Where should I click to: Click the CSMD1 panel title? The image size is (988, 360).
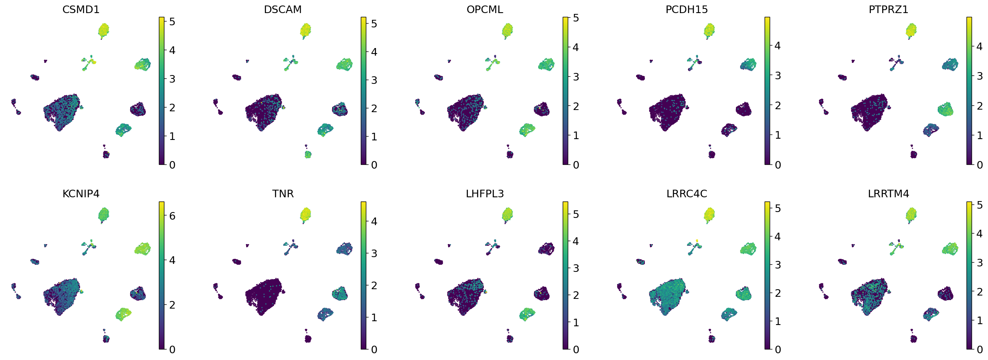coord(81,9)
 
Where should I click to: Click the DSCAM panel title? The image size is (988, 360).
coord(283,9)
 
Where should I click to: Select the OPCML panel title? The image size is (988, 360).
coord(485,9)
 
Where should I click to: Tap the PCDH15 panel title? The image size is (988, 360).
coord(687,9)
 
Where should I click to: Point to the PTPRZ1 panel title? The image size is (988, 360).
coord(889,9)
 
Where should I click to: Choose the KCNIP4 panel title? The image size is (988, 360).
coord(81,193)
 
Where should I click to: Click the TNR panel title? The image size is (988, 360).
coord(283,193)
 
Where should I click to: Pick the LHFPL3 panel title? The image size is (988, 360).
coord(485,193)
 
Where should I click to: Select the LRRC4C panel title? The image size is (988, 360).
coord(687,193)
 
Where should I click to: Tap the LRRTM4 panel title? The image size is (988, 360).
coord(889,193)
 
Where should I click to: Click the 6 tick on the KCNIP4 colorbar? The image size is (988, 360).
coord(172,216)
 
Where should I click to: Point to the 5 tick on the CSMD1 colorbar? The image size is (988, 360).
coord(172,22)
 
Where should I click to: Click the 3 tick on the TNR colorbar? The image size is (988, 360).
coord(374,253)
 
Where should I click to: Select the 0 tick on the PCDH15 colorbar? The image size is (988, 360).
coord(778,165)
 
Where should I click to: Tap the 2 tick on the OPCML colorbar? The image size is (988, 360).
coord(576,106)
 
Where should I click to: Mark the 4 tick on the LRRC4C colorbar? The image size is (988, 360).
coord(778,236)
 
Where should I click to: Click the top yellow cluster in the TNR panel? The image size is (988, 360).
coord(305,214)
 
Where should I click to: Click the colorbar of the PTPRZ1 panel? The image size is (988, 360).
coord(969,91)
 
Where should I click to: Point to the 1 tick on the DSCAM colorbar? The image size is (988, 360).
coord(374,137)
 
